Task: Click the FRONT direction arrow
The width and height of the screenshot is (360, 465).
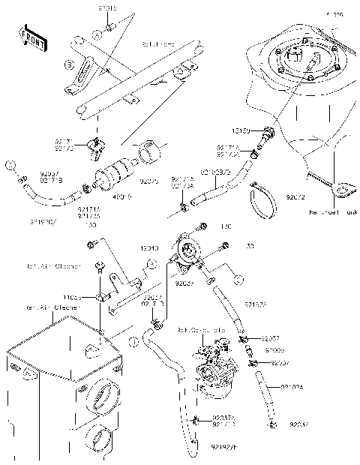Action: (x=32, y=37)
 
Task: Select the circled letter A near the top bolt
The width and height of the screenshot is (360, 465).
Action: (x=97, y=34)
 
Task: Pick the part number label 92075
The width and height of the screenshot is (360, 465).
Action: (x=151, y=181)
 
